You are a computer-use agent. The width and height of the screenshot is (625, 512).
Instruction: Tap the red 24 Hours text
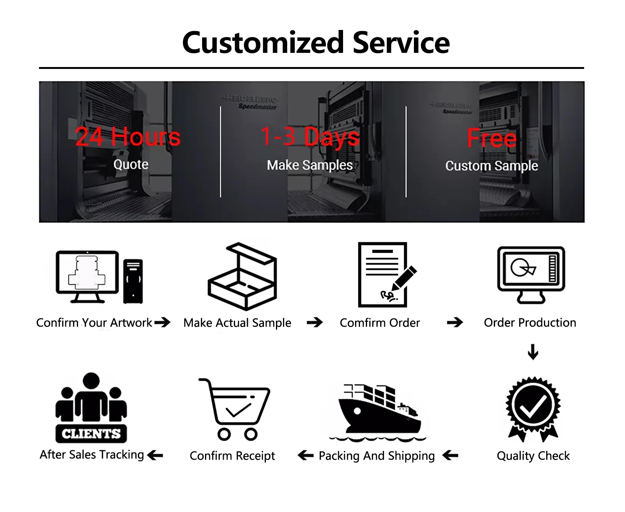(128, 137)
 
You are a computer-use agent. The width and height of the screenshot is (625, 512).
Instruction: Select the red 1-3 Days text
(310, 136)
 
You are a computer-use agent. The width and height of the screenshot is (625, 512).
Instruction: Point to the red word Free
(492, 138)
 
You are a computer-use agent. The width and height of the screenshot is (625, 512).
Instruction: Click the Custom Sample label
(492, 166)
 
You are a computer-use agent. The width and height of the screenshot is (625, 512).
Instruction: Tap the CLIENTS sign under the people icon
(91, 434)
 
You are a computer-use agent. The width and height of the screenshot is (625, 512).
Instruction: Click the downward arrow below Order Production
(533, 352)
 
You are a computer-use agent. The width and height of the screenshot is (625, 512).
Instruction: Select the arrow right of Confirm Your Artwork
(162, 322)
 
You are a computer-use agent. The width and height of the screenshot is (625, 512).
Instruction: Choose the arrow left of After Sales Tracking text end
(155, 455)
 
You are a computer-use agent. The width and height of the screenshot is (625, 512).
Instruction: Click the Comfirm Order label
(379, 323)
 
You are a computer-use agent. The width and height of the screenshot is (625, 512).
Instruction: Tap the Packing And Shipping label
(376, 456)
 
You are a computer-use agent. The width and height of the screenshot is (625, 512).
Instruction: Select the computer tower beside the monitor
(133, 281)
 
